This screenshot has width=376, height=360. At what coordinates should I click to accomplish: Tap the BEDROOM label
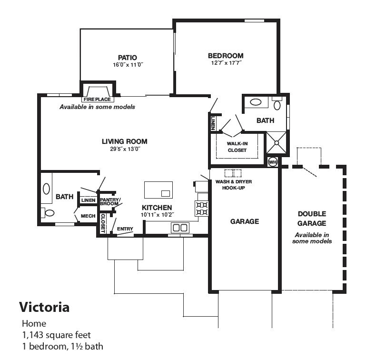click(226, 56)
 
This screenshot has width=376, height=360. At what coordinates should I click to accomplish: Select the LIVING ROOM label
click(124, 141)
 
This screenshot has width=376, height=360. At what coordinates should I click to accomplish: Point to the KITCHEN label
click(157, 208)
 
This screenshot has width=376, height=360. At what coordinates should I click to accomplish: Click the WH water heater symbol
click(273, 162)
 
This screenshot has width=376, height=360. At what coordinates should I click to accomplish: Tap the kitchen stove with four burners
click(201, 208)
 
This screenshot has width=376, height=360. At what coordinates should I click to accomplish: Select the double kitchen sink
click(179, 228)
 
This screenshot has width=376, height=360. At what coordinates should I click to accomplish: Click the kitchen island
click(158, 190)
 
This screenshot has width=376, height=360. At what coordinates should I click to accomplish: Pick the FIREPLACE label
click(97, 100)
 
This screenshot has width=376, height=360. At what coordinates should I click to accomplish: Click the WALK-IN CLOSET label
click(237, 146)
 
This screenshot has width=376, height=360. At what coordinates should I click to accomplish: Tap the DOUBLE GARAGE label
click(312, 219)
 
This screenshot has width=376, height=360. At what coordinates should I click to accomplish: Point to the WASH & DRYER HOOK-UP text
click(234, 185)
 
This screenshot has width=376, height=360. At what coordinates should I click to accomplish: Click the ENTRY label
click(125, 229)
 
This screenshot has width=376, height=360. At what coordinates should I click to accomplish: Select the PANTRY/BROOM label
click(110, 201)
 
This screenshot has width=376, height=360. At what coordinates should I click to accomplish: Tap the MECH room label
click(88, 216)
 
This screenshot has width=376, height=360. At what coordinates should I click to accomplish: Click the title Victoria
click(44, 307)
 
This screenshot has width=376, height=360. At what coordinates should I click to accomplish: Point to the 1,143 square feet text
click(56, 335)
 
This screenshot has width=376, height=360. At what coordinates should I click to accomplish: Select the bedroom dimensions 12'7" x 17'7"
click(227, 63)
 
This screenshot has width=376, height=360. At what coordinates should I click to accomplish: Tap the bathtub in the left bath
click(46, 189)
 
